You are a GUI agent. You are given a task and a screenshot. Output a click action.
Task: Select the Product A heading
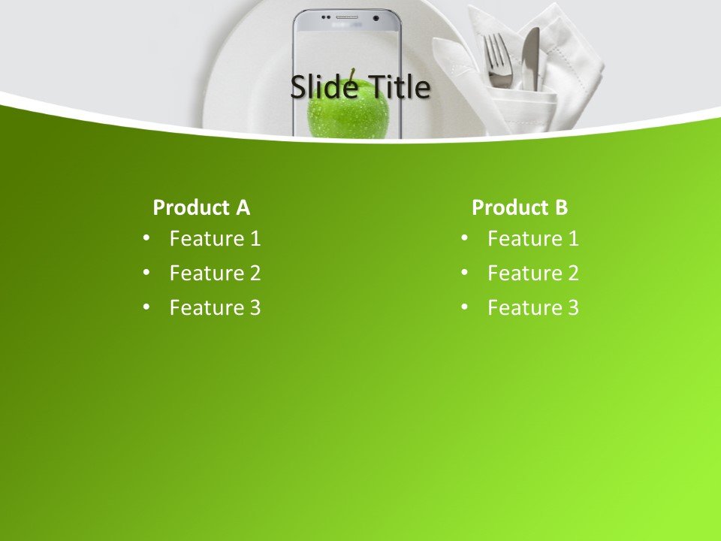pyautogui.click(x=201, y=207)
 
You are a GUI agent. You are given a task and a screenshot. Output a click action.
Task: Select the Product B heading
pyautogui.click(x=520, y=207)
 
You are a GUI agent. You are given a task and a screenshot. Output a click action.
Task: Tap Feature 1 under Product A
pyautogui.click(x=215, y=239)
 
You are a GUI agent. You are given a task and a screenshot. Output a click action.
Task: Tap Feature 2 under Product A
pyautogui.click(x=215, y=274)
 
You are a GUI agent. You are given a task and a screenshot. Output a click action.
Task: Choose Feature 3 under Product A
pyautogui.click(x=215, y=308)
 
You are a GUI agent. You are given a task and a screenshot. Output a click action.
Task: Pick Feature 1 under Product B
pyautogui.click(x=533, y=239)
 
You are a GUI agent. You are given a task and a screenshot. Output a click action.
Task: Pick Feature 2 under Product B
pyautogui.click(x=533, y=274)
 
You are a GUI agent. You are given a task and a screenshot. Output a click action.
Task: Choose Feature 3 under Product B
pyautogui.click(x=533, y=308)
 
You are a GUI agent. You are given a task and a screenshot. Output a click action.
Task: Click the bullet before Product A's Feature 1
pyautogui.click(x=146, y=238)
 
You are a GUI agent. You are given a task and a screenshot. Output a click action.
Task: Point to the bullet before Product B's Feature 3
pyautogui.click(x=464, y=307)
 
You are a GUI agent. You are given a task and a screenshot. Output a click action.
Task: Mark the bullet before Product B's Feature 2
pyautogui.click(x=464, y=273)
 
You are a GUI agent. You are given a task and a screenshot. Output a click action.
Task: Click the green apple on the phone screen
pyautogui.click(x=348, y=116)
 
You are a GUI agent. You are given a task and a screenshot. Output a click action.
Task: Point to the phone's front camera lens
pyautogui.click(x=375, y=17)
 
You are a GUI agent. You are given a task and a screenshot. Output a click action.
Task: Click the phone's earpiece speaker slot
pyautogui.click(x=347, y=17)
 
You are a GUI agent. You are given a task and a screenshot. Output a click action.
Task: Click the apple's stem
pyautogui.click(x=351, y=74)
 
